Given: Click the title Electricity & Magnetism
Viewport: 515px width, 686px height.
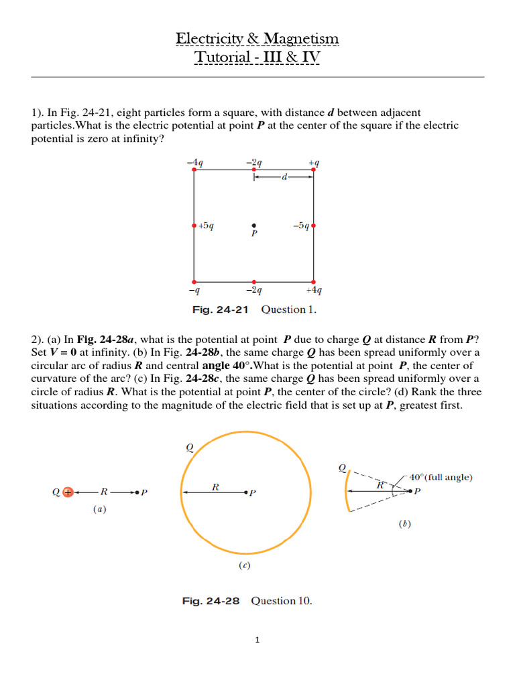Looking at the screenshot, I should coord(257,39).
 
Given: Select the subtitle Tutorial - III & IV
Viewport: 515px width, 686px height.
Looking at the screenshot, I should coord(257,58).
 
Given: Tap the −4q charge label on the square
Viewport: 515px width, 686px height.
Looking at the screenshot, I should coord(195,162).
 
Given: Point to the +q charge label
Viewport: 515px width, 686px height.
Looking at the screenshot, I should coord(313,162).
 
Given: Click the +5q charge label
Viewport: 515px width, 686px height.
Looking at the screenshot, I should coord(206,226).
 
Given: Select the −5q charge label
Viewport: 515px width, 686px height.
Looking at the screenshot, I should coord(300,226).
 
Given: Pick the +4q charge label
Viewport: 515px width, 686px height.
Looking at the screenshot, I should coord(314,291).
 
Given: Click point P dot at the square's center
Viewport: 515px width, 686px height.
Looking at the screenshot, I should coord(253,226).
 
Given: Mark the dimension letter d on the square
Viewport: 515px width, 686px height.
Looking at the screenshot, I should coord(284,178).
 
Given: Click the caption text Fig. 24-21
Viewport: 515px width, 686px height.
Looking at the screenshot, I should coord(220,310).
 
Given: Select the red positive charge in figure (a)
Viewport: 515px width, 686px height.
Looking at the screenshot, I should coord(67,492).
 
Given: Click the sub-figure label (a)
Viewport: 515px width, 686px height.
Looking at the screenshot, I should coord(99,509).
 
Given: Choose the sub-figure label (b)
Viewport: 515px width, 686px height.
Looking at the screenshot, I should coord(404,524).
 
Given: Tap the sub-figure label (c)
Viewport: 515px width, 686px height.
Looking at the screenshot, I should coord(245,565).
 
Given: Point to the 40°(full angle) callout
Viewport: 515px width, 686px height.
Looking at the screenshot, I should coord(441,478).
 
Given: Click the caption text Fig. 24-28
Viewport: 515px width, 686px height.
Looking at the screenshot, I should coord(210,601).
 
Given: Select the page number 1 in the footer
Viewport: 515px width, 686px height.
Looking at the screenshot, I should coord(257,640).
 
